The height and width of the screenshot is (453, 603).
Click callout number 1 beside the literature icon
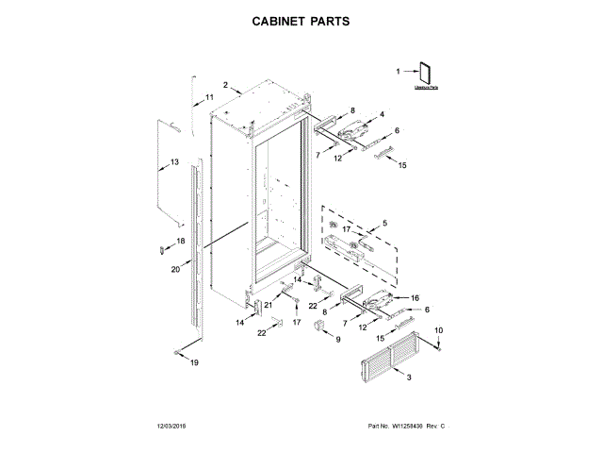click(397, 70)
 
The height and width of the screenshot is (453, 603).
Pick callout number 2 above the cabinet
click(226, 86)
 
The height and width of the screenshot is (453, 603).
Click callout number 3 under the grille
click(409, 377)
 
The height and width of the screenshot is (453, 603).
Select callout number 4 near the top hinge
click(382, 115)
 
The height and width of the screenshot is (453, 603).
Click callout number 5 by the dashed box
click(383, 224)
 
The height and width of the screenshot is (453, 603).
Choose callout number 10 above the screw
click(438, 328)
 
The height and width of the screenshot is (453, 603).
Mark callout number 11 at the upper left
click(209, 98)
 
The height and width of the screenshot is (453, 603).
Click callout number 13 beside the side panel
click(173, 162)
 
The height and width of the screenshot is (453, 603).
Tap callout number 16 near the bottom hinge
click(414, 297)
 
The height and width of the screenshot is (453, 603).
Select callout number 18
click(182, 241)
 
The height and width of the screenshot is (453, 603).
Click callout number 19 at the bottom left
click(195, 362)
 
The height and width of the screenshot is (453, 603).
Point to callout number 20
click(175, 269)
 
